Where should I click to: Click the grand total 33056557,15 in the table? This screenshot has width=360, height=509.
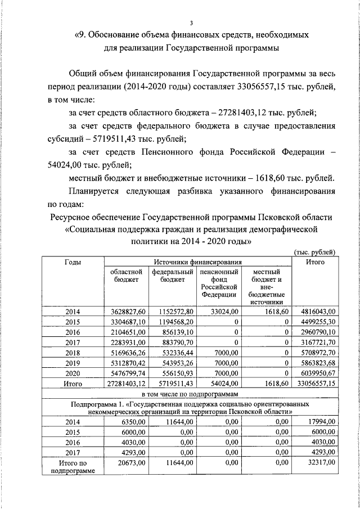pos(314,384)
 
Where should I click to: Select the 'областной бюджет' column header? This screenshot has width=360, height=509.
pos(126,276)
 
